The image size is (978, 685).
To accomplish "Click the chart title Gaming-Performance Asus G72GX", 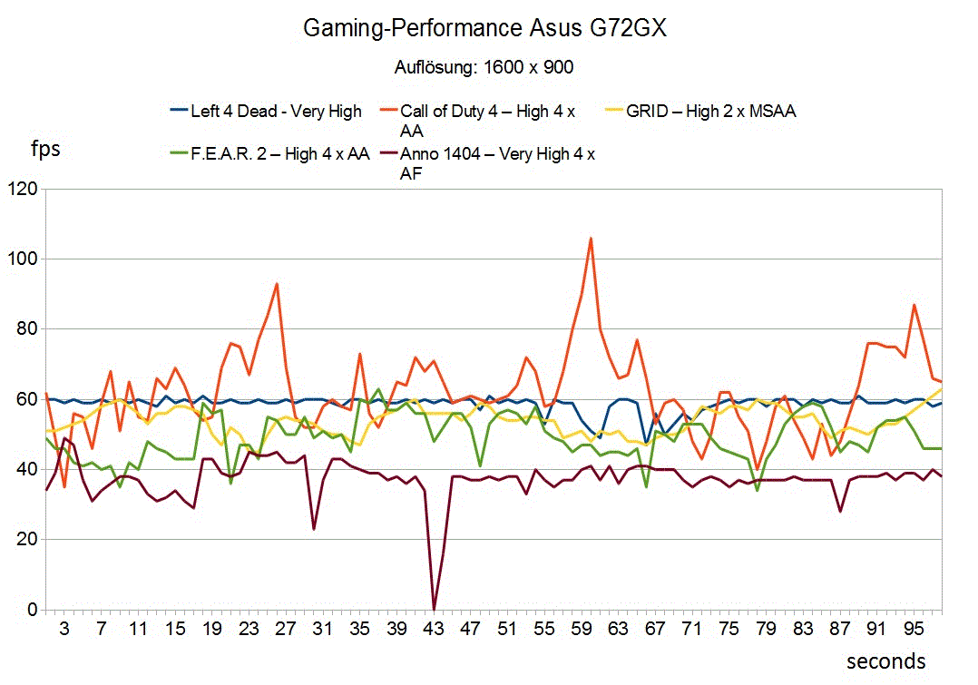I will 484,29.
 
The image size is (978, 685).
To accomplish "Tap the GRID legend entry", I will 713,112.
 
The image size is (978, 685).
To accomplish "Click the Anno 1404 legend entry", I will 496,154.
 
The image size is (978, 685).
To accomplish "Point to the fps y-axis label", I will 44,148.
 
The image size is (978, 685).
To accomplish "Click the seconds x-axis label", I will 885,661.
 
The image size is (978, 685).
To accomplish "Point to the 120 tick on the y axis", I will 22,189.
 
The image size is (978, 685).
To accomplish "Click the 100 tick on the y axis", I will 22,259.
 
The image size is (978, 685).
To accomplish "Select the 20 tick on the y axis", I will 25,540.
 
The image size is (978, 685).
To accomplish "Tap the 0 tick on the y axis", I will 29,610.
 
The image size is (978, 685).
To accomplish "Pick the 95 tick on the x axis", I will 914,628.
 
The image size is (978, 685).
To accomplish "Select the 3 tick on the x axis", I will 64,628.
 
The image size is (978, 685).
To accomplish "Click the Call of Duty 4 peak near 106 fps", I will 591,239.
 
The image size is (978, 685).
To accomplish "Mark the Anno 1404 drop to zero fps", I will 435,609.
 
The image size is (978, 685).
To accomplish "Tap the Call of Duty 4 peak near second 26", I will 277,284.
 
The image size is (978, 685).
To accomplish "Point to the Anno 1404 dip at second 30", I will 314,529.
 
